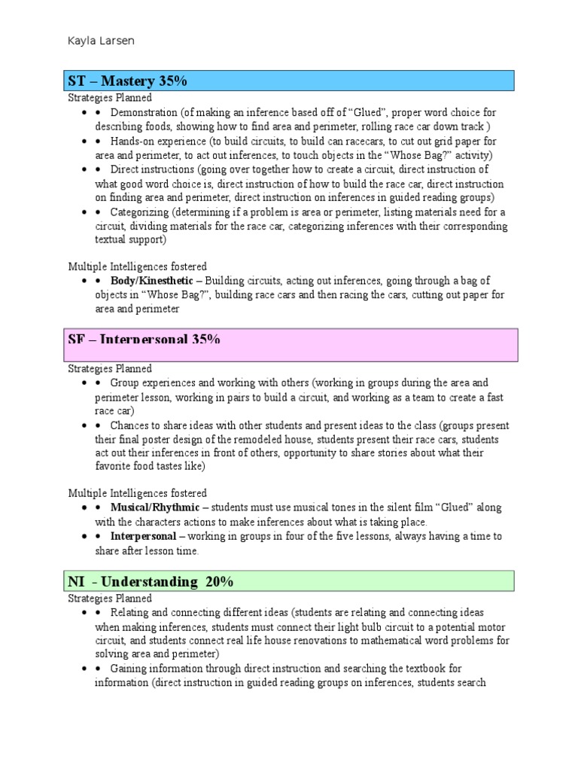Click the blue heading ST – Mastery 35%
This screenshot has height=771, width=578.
pos(127,81)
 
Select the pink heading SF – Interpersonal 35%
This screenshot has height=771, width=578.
pos(144,340)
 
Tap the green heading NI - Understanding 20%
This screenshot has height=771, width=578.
pos(151,581)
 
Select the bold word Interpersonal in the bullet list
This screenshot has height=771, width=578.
pos(143,536)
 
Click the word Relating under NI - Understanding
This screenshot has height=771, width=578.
pos(129,612)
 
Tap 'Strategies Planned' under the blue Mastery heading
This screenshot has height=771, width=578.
pos(110,98)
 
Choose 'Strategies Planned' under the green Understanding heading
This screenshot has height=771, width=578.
pos(110,598)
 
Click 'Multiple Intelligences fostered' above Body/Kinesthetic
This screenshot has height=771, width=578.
pos(138,267)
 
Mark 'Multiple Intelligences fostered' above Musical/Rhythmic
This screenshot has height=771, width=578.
pos(138,493)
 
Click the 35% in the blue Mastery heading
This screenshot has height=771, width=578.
pos(172,81)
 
